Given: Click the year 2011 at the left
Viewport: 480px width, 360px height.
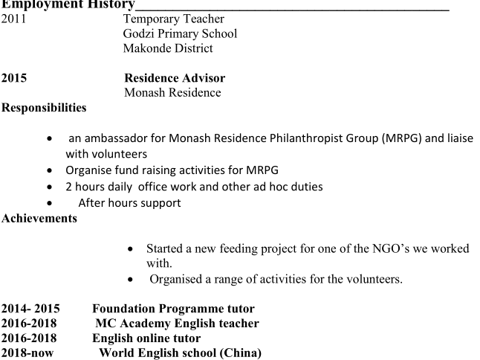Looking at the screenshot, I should pos(13,19).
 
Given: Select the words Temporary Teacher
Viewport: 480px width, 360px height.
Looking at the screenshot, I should pos(174,19).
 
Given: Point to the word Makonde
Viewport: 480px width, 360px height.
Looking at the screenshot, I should pos(148,48).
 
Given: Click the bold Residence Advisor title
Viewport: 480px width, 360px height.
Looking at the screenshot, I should pos(175,77).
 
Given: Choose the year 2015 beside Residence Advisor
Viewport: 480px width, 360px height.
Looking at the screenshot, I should pos(14,77).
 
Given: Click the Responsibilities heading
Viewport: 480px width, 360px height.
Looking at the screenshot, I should pos(44,108).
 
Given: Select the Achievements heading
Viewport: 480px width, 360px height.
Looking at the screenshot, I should pos(39,218).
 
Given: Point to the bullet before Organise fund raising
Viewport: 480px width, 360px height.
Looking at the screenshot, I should pos(49,171).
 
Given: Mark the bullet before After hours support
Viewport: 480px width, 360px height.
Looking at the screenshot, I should pos(49,203).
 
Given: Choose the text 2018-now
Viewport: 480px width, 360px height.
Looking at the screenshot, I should pos(27,353).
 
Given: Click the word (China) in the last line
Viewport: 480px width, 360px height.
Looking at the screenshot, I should pos(241,353).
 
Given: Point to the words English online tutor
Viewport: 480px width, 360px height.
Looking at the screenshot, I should pos(146,338).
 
